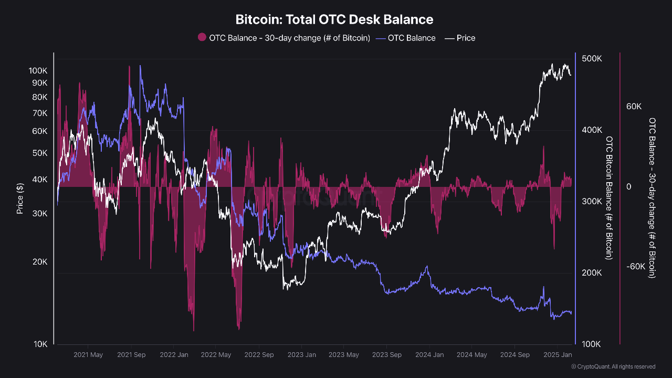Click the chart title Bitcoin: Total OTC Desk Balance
click(x=334, y=20)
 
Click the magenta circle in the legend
click(x=202, y=38)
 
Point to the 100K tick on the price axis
click(x=38, y=70)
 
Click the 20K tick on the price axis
click(x=39, y=262)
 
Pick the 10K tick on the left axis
click(x=39, y=344)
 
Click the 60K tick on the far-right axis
click(x=634, y=107)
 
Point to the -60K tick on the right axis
click(x=635, y=266)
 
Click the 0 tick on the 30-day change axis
click(x=628, y=187)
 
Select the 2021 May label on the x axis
click(x=88, y=355)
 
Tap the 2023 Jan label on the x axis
click(x=301, y=355)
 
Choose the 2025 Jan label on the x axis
click(x=557, y=355)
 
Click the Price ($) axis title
click(x=20, y=198)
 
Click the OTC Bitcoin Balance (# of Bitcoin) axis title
click(x=609, y=198)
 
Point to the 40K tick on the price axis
click(x=39, y=180)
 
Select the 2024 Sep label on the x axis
click(x=514, y=355)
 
